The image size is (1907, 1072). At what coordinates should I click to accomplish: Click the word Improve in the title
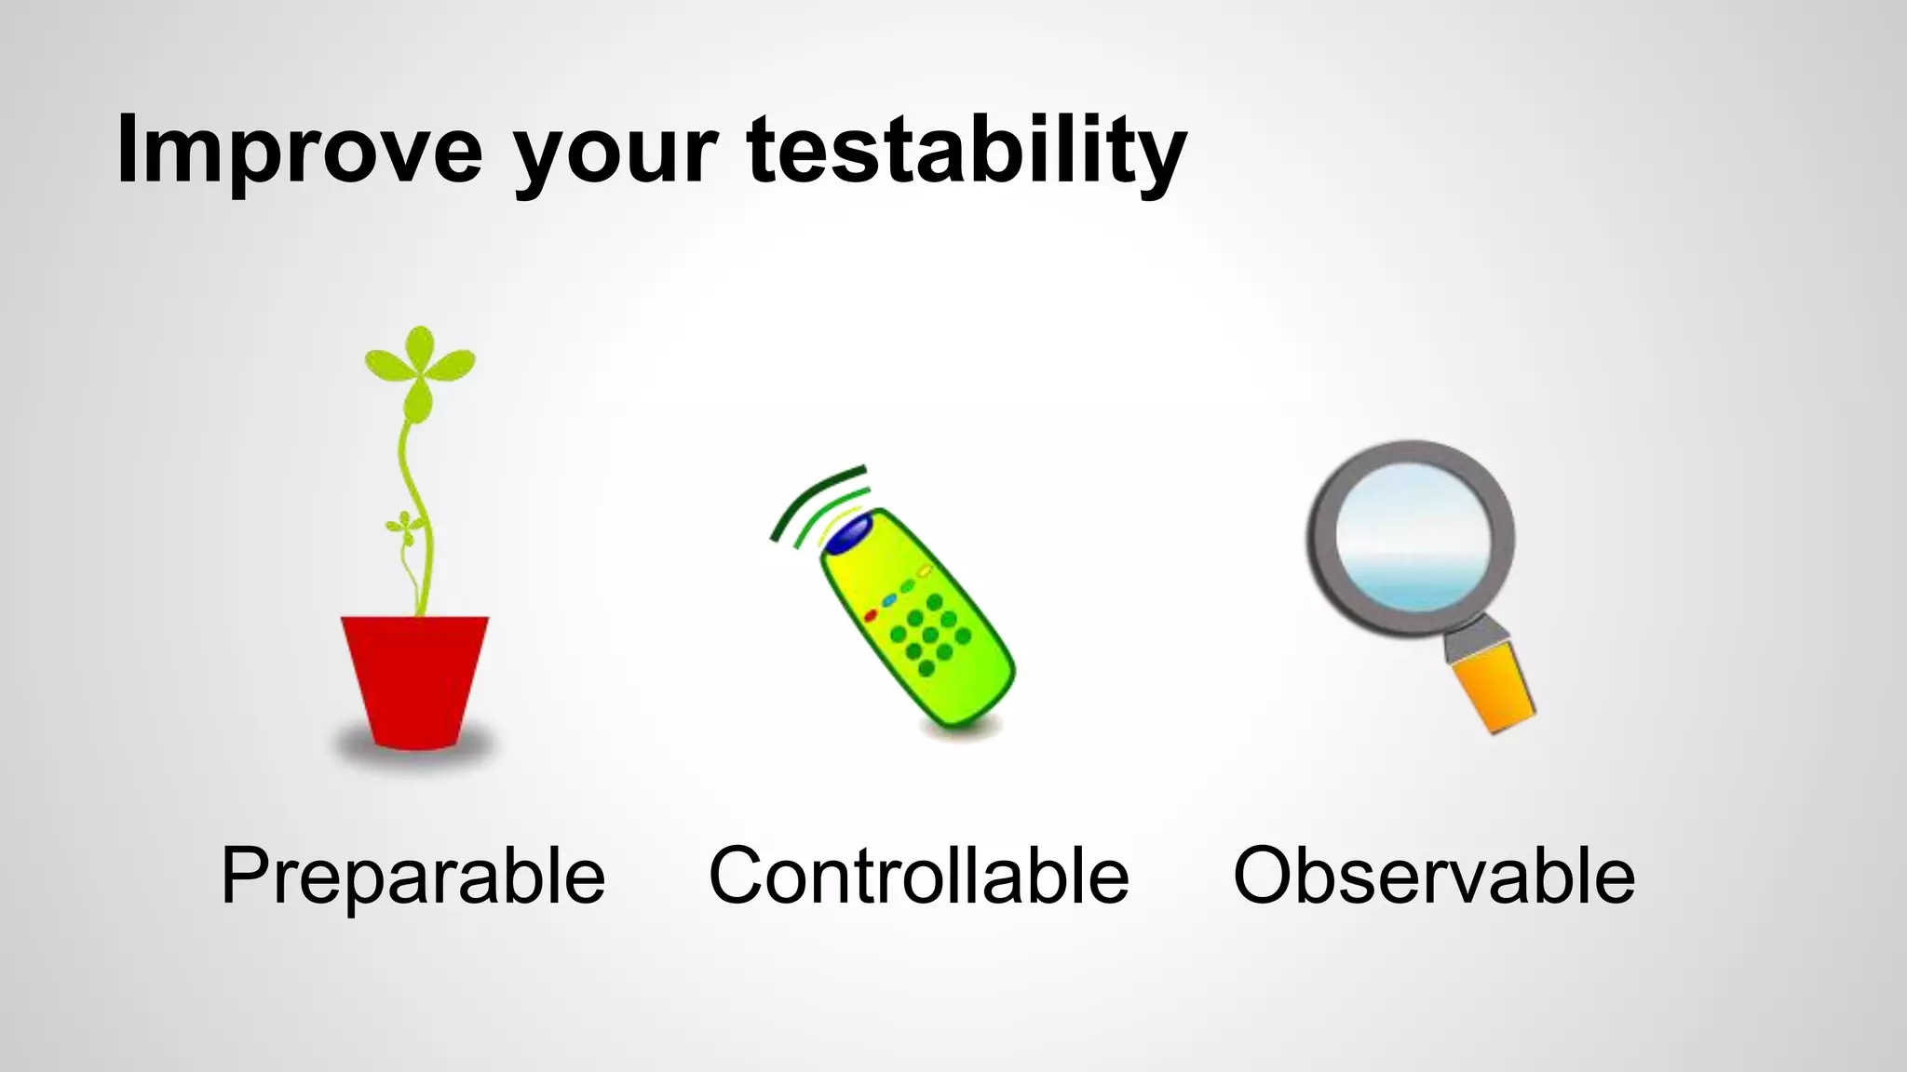pyautogui.click(x=298, y=149)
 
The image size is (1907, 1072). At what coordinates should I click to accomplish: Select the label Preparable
pyautogui.click(x=413, y=876)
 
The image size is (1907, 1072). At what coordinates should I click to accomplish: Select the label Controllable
pyautogui.click(x=918, y=876)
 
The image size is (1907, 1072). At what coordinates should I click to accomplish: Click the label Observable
pyautogui.click(x=1433, y=876)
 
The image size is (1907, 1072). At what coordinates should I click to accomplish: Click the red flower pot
pyautogui.click(x=414, y=679)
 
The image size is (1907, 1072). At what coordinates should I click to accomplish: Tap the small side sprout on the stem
pyautogui.click(x=404, y=527)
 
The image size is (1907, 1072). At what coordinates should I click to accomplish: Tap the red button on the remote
pyautogui.click(x=871, y=615)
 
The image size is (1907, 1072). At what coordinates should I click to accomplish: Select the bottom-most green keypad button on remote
pyautogui.click(x=926, y=668)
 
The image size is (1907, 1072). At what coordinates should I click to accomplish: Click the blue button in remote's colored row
pyautogui.click(x=889, y=600)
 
